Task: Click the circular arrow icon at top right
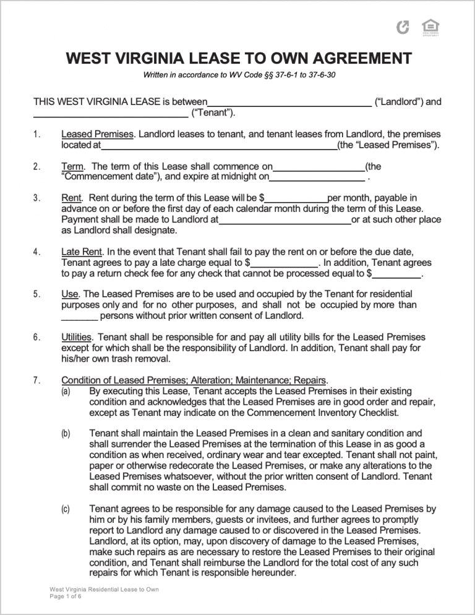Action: tap(403, 27)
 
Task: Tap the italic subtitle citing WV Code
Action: tap(239, 75)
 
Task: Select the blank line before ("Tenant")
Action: tap(110, 114)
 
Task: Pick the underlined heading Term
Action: tap(74, 166)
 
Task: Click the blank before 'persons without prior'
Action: tap(79, 316)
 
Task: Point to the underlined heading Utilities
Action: tap(77, 337)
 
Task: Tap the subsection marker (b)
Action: tap(66, 433)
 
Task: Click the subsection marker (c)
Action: tap(66, 509)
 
